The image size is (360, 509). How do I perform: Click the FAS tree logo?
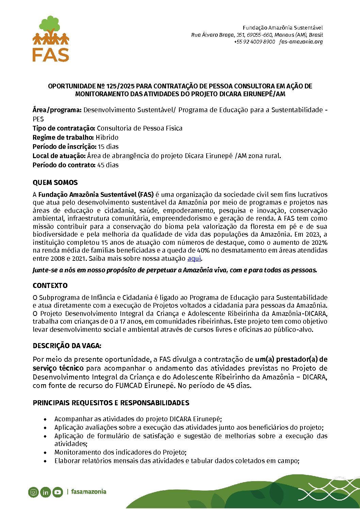(x=51, y=38)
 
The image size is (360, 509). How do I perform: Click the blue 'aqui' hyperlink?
(x=194, y=258)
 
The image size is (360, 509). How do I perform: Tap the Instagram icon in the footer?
(x=33, y=492)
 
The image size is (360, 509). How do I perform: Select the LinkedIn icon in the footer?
(x=46, y=492)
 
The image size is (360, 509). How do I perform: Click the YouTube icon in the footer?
(x=58, y=492)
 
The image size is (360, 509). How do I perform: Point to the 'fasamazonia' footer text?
(x=88, y=492)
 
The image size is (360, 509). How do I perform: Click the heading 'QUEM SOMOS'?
(x=55, y=183)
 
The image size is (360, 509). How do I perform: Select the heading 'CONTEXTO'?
(x=50, y=286)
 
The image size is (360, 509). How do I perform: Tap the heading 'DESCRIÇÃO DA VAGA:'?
(x=67, y=346)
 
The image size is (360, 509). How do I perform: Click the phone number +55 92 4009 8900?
(x=254, y=42)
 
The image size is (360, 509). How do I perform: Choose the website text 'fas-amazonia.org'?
(x=301, y=42)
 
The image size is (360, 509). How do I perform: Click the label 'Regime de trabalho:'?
(x=63, y=137)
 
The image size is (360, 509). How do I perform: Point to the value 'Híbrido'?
(x=107, y=137)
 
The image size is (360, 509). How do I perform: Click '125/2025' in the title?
(x=120, y=86)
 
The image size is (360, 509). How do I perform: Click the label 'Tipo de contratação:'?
(x=64, y=128)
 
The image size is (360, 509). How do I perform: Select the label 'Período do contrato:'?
(x=64, y=165)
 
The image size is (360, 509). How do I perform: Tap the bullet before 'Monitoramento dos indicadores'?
(x=46, y=453)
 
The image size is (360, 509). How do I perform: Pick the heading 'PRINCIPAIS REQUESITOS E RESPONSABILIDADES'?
(x=111, y=403)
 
